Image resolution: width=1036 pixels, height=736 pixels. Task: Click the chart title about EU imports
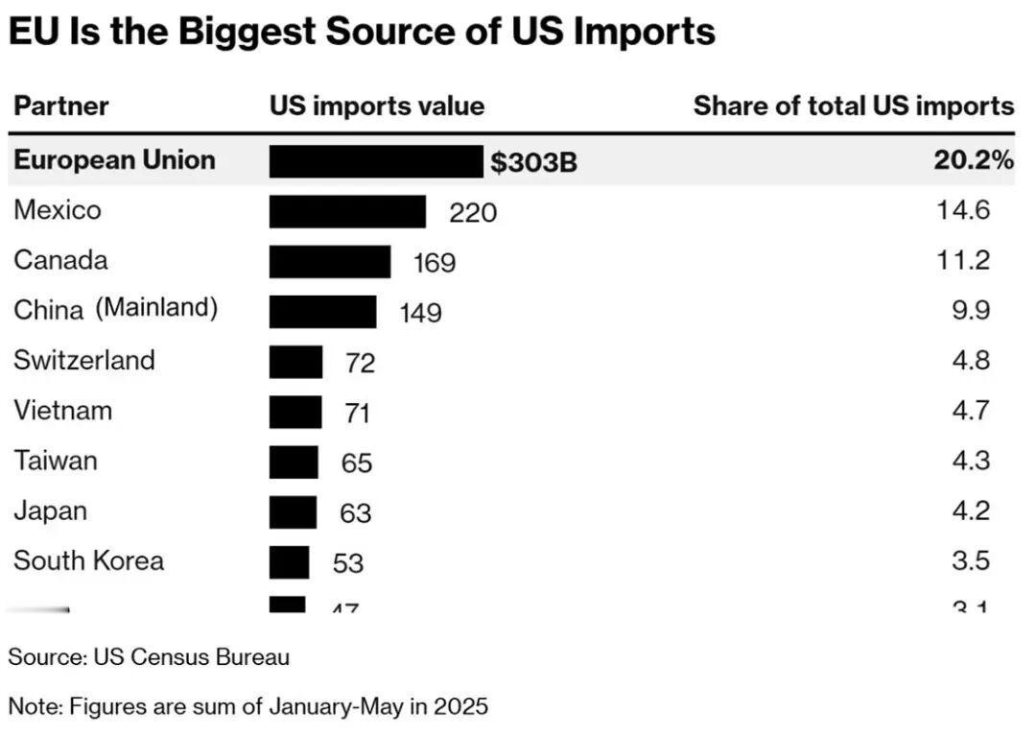coord(362,31)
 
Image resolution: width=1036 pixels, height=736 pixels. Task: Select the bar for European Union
coord(375,161)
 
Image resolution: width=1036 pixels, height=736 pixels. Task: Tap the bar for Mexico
coord(346,211)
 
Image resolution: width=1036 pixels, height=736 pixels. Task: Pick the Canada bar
coord(329,261)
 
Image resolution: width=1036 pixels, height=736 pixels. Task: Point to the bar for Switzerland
coord(295,362)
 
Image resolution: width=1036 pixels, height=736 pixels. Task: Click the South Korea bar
coord(289,561)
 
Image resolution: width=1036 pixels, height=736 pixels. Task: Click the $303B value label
coord(534,162)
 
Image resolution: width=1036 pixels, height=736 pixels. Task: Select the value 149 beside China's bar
coord(420,312)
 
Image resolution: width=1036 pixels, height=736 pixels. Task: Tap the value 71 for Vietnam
coord(357,413)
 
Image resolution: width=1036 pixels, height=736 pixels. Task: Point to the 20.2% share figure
coord(974,160)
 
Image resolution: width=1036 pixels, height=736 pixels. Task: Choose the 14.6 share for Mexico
coord(963,210)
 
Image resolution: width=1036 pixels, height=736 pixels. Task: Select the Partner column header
coord(61,106)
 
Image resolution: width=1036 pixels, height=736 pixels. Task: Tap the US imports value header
coord(377,106)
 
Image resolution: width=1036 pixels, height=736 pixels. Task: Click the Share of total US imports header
coord(854,106)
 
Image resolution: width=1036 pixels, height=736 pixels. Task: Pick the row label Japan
coord(50,510)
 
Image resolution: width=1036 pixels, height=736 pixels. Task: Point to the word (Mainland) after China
coord(156,308)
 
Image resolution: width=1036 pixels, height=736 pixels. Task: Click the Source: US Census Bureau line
coord(149,657)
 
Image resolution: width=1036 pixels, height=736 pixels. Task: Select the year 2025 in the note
coord(460,707)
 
